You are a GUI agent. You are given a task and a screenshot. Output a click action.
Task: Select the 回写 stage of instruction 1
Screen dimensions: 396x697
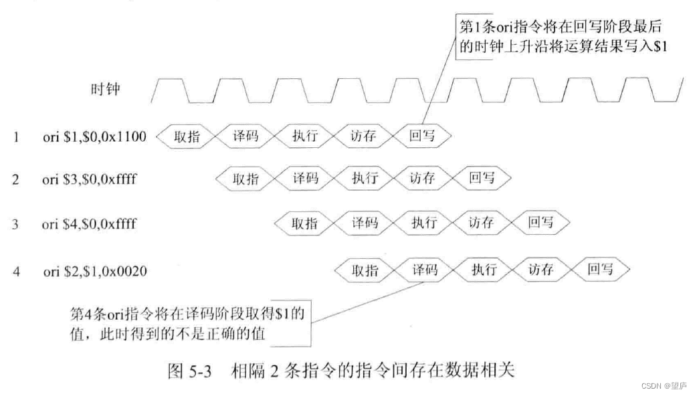(422, 136)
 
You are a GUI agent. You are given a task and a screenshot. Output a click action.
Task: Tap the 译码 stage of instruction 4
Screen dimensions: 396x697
(424, 270)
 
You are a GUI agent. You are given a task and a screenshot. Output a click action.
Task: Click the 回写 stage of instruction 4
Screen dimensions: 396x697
(600, 270)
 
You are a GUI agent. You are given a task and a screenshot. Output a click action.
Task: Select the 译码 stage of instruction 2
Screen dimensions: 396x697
(305, 179)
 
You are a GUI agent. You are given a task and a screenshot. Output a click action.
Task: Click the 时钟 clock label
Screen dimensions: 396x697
(105, 88)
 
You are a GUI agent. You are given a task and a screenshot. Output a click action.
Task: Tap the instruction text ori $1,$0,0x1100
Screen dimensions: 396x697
(94, 136)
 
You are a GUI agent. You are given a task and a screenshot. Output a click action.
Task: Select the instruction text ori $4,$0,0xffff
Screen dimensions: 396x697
(90, 223)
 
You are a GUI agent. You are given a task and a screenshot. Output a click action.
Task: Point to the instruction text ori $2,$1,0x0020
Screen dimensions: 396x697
(94, 272)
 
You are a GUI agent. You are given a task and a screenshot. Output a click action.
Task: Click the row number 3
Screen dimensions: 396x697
(15, 223)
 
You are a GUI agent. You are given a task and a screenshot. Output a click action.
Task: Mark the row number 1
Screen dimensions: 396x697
(15, 136)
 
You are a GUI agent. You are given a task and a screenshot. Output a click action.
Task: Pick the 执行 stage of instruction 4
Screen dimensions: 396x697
(483, 270)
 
